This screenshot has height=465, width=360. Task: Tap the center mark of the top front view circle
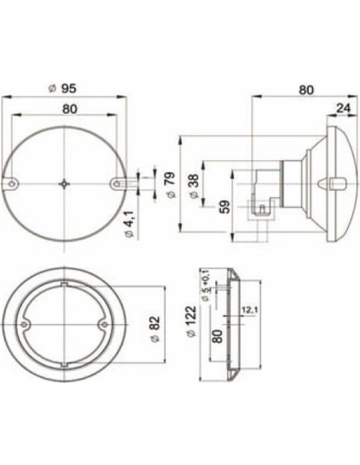[x=64, y=184]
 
